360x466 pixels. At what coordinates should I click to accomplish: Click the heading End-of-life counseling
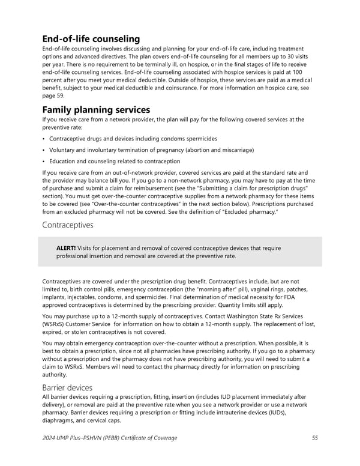click(x=91, y=39)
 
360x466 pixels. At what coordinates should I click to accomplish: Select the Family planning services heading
click(x=96, y=110)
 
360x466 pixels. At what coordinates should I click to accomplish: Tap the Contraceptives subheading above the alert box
click(x=68, y=225)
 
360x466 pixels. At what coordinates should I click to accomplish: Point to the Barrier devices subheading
click(x=68, y=387)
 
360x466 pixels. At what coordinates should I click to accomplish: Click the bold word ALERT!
click(x=66, y=248)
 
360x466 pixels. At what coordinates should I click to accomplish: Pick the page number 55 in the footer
click(x=314, y=438)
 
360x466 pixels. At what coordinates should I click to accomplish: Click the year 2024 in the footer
click(x=50, y=438)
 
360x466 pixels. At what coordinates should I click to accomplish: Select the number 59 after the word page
click(x=57, y=95)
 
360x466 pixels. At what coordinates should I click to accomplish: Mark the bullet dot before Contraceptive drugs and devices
click(x=44, y=139)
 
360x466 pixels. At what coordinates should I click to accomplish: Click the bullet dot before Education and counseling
click(x=44, y=161)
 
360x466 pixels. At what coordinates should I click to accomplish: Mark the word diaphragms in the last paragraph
click(x=61, y=420)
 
